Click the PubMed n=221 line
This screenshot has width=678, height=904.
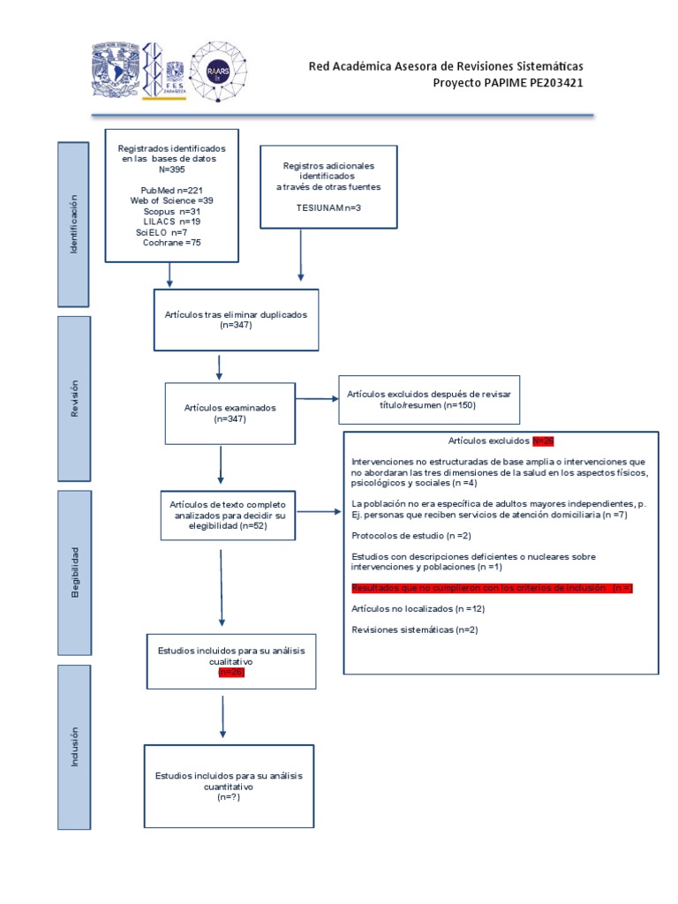tap(171, 191)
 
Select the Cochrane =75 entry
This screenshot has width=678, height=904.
tap(171, 242)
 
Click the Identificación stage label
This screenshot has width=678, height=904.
tap(74, 226)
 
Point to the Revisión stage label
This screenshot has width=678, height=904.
tap(74, 398)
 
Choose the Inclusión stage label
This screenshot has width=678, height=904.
tap(74, 747)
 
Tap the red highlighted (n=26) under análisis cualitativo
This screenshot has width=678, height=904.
tap(230, 672)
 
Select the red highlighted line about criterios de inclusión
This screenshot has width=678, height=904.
tap(492, 587)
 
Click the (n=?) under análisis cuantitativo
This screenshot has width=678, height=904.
tap(229, 796)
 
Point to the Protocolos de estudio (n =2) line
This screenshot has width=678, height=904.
tap(411, 536)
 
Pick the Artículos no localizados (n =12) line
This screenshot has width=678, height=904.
tap(418, 608)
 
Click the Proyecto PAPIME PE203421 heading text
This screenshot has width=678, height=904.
tap(508, 83)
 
